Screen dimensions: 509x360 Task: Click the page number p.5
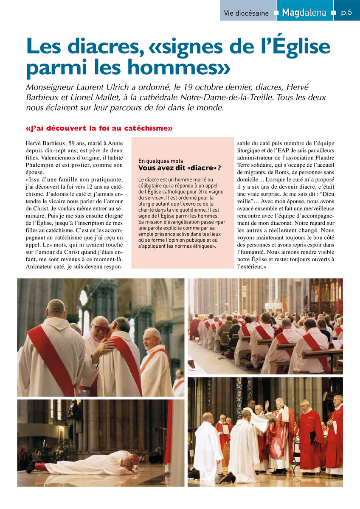click(346, 13)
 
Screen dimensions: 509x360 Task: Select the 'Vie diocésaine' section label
click(246, 13)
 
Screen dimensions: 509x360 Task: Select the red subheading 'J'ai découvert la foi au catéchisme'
click(99, 128)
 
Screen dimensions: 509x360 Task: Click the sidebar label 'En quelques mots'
click(161, 161)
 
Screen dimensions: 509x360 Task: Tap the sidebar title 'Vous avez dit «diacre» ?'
click(180, 168)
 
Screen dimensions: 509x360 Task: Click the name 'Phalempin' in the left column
click(41, 165)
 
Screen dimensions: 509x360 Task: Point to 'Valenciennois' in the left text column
click(45, 157)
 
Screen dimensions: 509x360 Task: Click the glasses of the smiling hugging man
click(100, 328)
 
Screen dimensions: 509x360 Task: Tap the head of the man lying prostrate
click(134, 459)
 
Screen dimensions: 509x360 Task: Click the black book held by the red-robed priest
click(313, 436)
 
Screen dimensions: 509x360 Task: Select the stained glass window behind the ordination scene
click(239, 394)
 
